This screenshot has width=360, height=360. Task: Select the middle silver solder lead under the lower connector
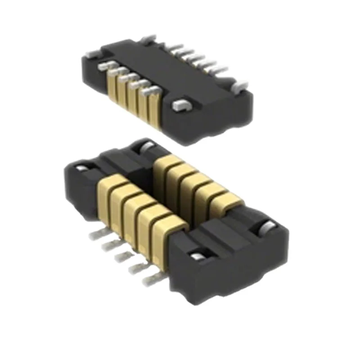click(122, 258)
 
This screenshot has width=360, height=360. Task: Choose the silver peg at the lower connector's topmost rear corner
click(146, 145)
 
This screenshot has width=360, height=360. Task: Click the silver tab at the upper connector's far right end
click(240, 83)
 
